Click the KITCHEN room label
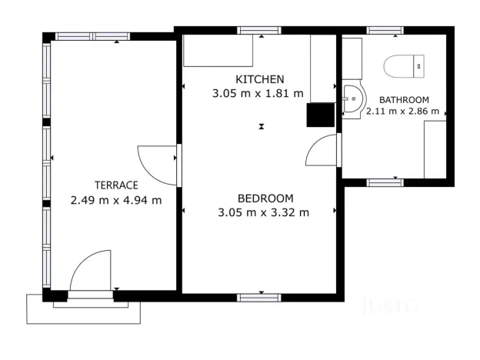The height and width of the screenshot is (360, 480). [260, 79]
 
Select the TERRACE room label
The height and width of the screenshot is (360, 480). [116, 185]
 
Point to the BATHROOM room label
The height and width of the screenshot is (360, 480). [403, 100]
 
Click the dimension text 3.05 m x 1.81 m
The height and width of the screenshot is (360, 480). [258, 93]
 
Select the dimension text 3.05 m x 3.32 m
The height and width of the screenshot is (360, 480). [264, 212]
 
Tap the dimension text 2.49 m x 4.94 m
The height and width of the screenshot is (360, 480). [116, 200]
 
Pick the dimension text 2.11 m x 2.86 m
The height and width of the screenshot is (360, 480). [402, 112]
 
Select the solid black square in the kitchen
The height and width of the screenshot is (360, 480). [318, 115]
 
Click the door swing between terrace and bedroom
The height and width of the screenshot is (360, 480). [158, 164]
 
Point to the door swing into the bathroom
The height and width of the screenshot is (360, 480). [322, 152]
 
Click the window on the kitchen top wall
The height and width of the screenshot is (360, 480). [259, 30]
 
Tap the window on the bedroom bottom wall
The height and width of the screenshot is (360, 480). [259, 297]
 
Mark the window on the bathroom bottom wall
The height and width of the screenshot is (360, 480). [385, 182]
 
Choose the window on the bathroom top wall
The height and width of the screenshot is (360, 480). [385, 30]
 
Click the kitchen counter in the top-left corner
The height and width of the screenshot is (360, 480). [218, 51]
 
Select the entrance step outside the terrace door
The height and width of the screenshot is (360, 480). [85, 309]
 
